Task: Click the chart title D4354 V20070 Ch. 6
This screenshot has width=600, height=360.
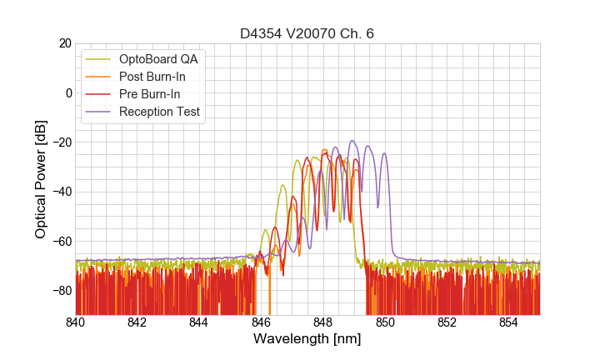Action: [307, 34]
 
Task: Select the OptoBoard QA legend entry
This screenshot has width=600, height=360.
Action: [158, 59]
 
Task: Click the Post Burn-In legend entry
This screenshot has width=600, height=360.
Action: [152, 77]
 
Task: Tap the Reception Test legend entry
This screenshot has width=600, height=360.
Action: [159, 112]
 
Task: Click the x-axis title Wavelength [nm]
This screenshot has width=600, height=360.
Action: [307, 340]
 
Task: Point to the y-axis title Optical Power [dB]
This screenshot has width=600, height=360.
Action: [41, 179]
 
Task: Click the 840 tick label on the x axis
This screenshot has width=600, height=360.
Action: [76, 322]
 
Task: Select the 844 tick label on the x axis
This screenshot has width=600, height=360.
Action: [199, 322]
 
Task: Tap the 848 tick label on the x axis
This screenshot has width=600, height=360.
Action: [323, 322]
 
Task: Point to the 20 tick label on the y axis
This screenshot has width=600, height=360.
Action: [63, 43]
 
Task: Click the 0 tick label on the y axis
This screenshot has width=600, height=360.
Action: [67, 92]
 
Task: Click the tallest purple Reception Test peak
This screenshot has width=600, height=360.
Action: [352, 141]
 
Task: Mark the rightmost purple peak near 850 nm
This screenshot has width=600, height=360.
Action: [384, 153]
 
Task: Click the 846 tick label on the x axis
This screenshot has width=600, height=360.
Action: [261, 322]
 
